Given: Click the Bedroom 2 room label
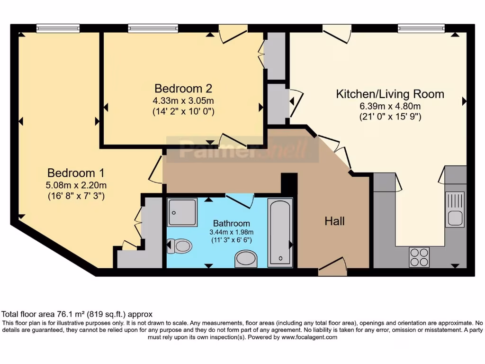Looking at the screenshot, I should click(x=183, y=89).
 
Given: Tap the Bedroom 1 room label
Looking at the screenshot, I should click(x=76, y=173).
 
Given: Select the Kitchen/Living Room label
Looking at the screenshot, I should click(x=390, y=94).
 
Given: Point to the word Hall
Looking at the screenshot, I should click(x=334, y=221).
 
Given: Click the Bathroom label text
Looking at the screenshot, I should click(x=231, y=223).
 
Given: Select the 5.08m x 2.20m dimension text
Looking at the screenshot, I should click(x=76, y=185).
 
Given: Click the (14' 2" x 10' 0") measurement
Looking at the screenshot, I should click(x=183, y=112).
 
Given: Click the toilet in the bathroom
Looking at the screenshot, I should click(x=180, y=246).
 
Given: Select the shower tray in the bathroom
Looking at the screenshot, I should click(x=182, y=212).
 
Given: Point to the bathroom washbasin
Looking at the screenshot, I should click(x=246, y=259).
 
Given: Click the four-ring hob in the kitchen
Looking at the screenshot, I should click(x=419, y=257).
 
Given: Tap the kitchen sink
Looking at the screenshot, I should click(x=455, y=209).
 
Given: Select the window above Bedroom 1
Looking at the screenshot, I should click(x=58, y=29).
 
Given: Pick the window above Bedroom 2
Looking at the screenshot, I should click(x=153, y=29).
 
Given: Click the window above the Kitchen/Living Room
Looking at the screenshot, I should click(x=421, y=29).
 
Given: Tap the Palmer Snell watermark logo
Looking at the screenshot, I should click(x=242, y=150).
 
